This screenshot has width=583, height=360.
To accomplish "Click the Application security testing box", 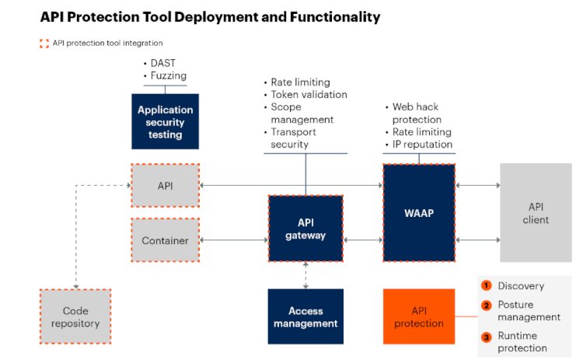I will [165, 122].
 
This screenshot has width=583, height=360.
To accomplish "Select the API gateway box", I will [305, 229].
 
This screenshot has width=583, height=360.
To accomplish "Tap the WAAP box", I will [418, 212].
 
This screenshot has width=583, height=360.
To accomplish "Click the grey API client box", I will [536, 213].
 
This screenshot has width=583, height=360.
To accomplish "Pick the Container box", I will [165, 240].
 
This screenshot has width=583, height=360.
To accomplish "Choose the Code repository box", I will [75, 316].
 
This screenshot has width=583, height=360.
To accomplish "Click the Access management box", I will [305, 316].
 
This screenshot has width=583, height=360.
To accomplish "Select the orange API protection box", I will [418, 316].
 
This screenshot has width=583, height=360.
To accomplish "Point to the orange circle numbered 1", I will [486, 285].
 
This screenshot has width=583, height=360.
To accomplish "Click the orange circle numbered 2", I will [486, 305].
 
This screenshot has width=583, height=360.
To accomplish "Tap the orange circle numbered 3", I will [486, 337].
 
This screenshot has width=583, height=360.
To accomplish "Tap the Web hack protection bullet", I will [417, 114].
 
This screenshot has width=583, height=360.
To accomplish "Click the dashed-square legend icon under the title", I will [44, 43].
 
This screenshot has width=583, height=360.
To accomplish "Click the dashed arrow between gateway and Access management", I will [305, 275].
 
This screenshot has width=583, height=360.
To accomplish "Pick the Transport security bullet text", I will [289, 138].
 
